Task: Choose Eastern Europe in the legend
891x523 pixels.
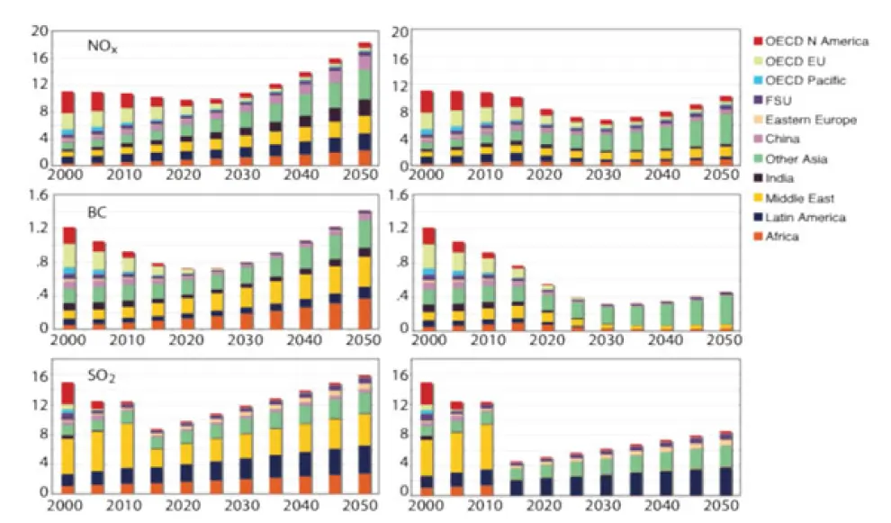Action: pos(810,120)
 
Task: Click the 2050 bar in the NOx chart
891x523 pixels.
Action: pos(364,104)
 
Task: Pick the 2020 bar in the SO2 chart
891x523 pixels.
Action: pos(186,457)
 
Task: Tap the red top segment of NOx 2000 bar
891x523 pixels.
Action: pos(68,102)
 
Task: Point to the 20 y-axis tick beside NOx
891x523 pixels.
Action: pos(39,32)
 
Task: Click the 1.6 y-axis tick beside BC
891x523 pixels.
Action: pos(37,195)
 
